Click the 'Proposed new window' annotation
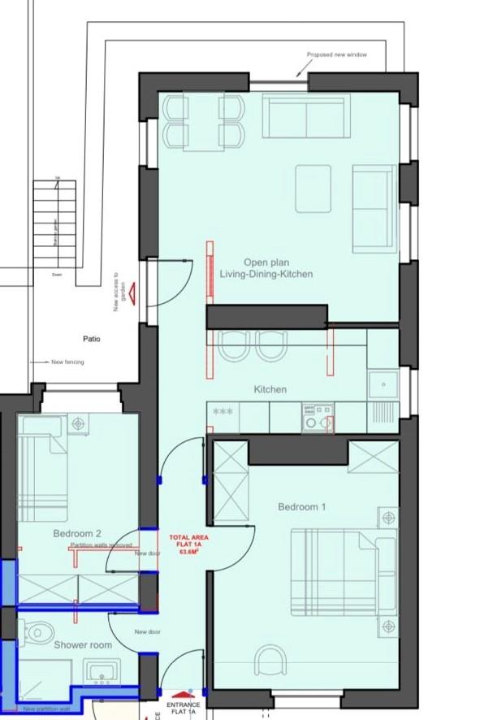pyautogui.click(x=336, y=55)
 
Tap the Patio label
pyautogui.click(x=91, y=339)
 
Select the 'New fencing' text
pyautogui.click(x=67, y=362)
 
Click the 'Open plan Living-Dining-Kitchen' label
pyautogui.click(x=266, y=268)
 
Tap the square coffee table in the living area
pyautogui.click(x=313, y=188)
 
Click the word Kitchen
pyautogui.click(x=270, y=390)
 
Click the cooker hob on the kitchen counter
pyautogui.click(x=317, y=418)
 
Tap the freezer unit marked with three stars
pyautogui.click(x=223, y=412)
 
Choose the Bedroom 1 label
pyautogui.click(x=301, y=507)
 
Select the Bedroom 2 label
pyautogui.click(x=77, y=534)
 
